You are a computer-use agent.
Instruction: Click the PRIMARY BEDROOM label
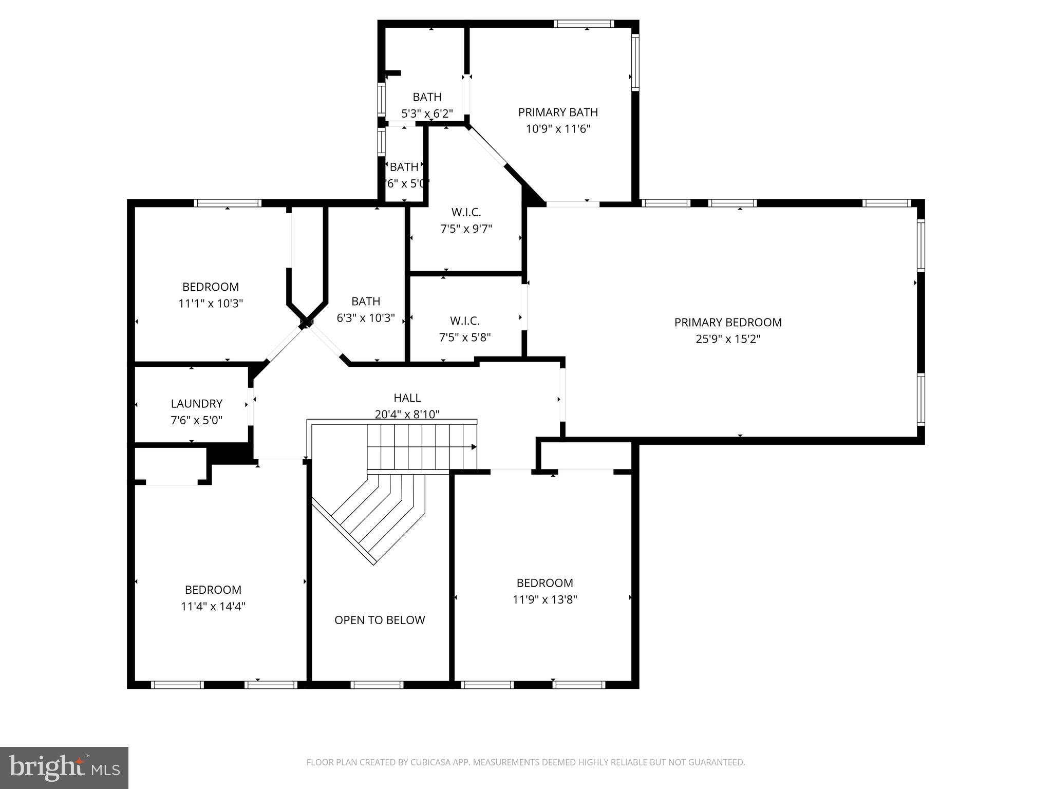click(728, 323)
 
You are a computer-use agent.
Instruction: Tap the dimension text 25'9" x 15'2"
click(728, 339)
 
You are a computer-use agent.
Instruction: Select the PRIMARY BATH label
click(558, 112)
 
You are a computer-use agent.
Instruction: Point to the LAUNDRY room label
click(196, 404)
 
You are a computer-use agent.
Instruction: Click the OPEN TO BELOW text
click(380, 620)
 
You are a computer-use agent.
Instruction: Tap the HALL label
click(407, 398)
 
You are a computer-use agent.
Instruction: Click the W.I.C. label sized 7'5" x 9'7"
click(466, 212)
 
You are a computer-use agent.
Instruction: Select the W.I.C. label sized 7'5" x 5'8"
click(465, 321)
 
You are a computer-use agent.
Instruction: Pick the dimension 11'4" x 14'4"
click(213, 606)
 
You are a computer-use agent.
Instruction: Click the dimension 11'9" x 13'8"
click(544, 599)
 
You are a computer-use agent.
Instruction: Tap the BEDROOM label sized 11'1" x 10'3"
click(211, 287)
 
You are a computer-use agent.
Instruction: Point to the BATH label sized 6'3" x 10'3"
click(366, 301)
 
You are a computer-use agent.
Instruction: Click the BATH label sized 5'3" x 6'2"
click(427, 97)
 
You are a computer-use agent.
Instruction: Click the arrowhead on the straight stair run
click(474, 447)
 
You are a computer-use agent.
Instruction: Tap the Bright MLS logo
click(64, 768)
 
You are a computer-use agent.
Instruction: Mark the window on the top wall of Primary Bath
click(584, 24)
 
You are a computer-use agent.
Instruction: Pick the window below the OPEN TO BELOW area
click(377, 685)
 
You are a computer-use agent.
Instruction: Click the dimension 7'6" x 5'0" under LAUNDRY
click(196, 420)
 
